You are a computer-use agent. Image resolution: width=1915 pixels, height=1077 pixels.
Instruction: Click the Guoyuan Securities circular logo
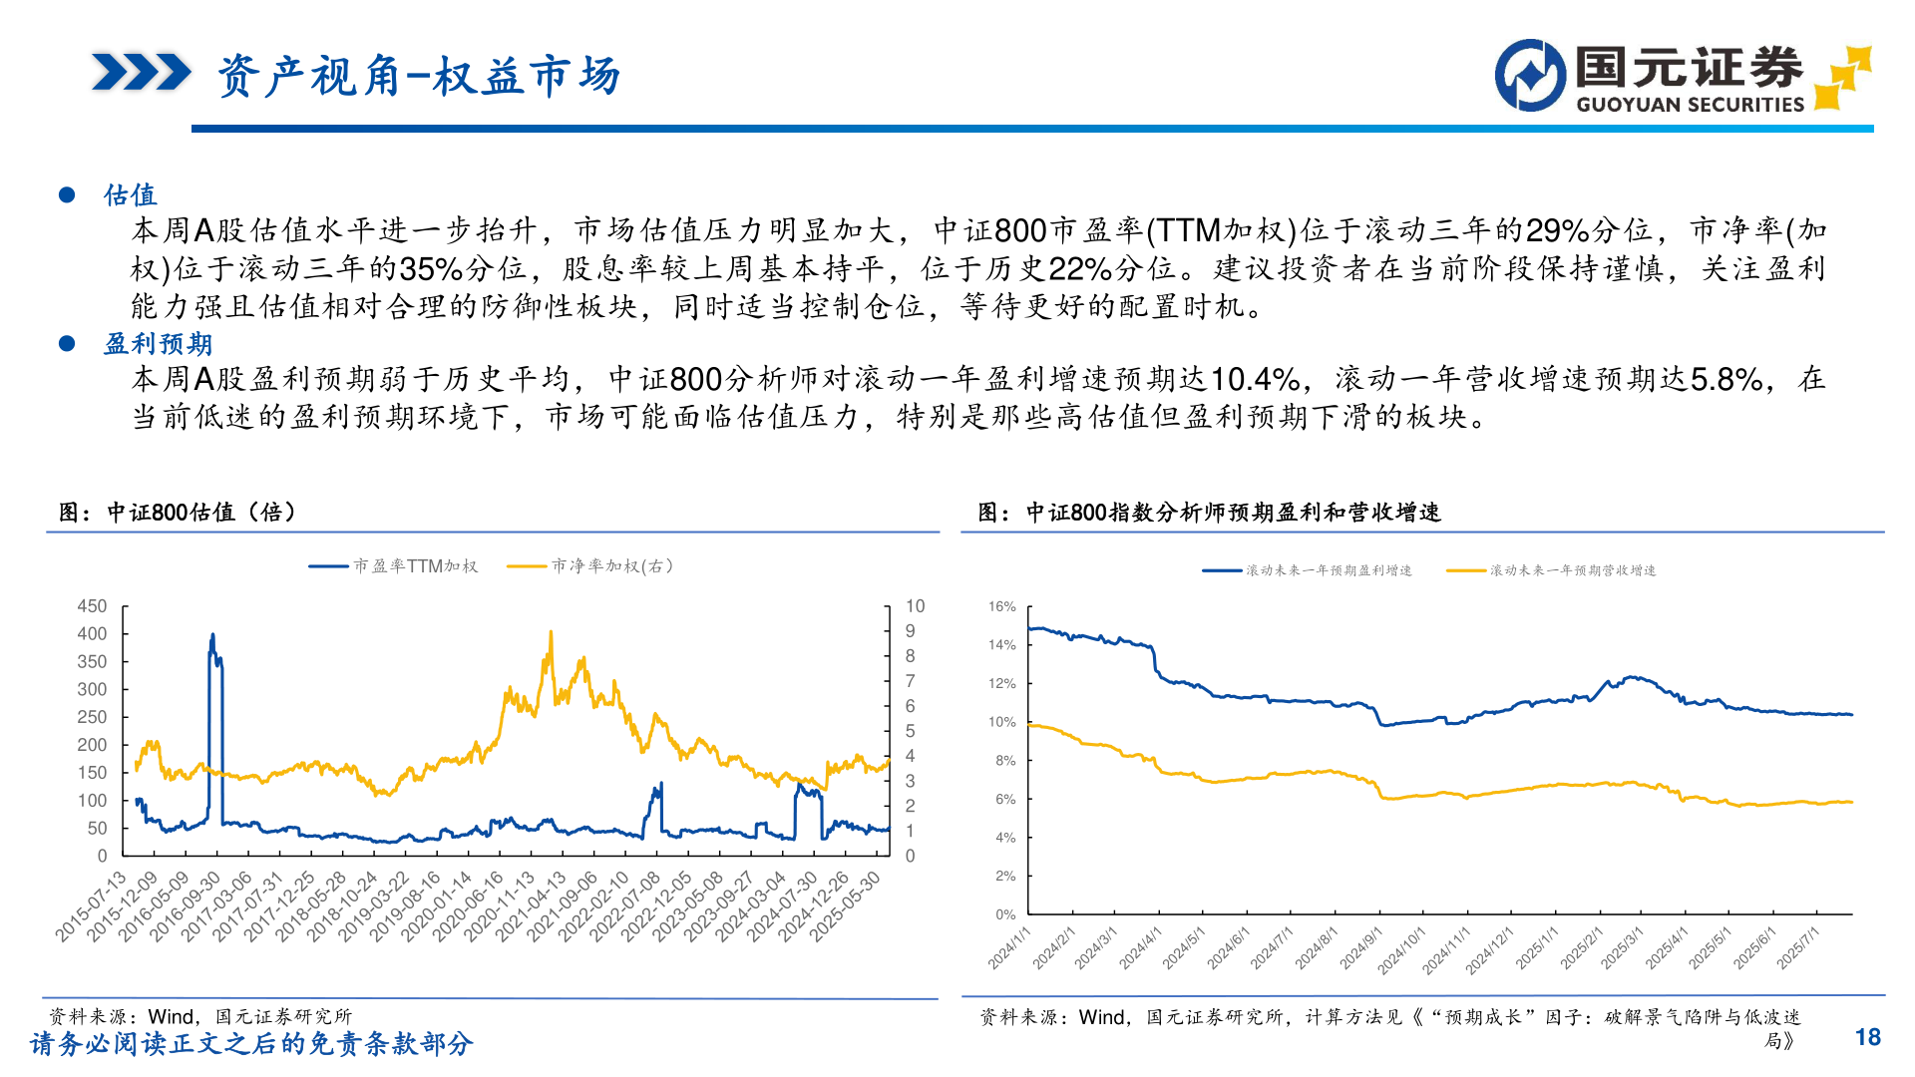coord(1530,75)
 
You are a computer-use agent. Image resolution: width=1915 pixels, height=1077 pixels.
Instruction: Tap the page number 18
coord(1867,1037)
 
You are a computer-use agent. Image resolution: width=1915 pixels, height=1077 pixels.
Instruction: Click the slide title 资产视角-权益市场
coord(419,76)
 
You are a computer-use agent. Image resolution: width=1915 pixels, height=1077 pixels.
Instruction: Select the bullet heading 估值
coord(131,194)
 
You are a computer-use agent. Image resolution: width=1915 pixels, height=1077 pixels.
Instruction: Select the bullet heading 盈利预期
coord(158,343)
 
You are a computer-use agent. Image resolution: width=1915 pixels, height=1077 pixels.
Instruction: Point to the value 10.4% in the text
coord(1254,379)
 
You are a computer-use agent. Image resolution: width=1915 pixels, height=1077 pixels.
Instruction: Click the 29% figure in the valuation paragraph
coord(1557,231)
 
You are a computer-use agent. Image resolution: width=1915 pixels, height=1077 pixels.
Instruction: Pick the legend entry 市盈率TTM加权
coord(415,566)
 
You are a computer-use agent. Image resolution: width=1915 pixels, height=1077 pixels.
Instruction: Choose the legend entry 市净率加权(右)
coord(611,566)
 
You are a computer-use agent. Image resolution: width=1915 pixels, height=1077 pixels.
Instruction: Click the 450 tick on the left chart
coord(92,606)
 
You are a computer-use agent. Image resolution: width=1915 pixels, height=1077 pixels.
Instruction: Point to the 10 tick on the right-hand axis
coord(915,606)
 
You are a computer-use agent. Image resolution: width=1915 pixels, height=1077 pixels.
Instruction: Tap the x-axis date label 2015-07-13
coord(92,905)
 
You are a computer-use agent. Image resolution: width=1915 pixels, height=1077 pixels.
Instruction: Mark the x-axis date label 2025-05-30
coord(846,905)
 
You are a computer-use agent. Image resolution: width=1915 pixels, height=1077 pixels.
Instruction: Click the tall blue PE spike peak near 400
coord(211,635)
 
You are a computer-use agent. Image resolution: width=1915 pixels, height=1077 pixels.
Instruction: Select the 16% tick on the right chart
coord(1001,606)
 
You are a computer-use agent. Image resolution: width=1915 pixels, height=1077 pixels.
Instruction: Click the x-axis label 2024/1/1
coord(1008,947)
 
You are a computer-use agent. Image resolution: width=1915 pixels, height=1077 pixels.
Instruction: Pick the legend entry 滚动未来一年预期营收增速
coord(1572,570)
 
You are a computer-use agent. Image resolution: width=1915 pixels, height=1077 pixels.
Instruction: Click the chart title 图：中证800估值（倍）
coord(178,513)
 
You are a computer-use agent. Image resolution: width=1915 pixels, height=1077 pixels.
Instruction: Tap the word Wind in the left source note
coord(172,1016)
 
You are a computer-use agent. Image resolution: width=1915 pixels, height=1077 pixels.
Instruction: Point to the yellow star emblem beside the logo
coord(1842,76)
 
